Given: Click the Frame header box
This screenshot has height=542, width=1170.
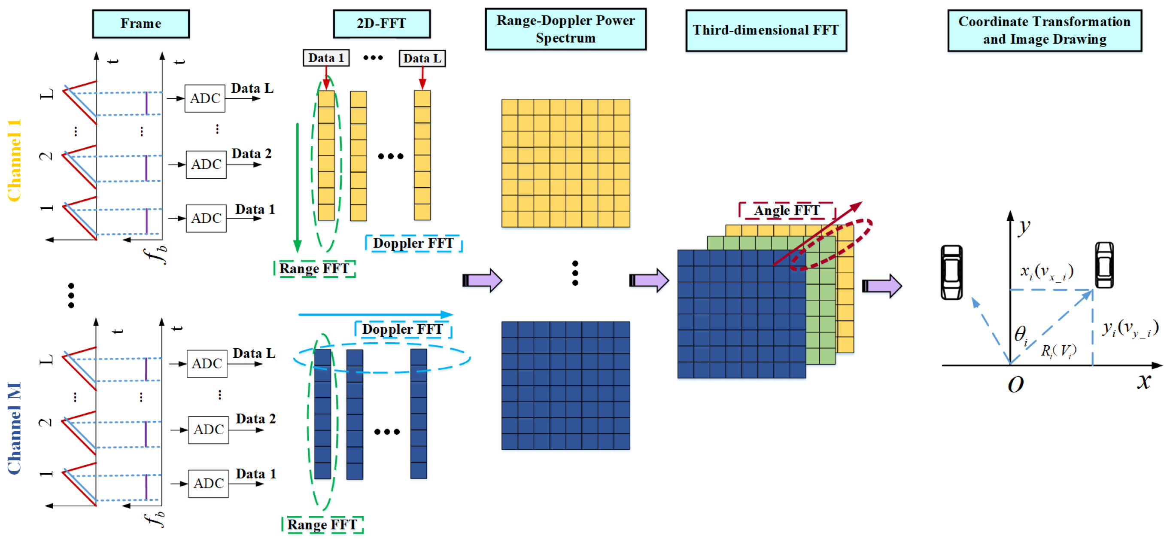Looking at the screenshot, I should [x=140, y=24].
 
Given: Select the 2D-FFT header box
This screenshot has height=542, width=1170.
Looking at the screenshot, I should [x=381, y=24].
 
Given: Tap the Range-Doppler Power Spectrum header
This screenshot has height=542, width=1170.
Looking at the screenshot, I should [x=565, y=29].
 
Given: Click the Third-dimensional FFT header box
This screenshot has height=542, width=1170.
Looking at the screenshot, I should [x=766, y=30].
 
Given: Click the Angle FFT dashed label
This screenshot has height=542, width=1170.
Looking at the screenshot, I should [x=787, y=210].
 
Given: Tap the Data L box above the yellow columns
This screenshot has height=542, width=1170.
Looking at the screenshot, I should [x=422, y=58].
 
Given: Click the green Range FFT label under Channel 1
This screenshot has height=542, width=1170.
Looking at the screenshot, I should [x=314, y=268].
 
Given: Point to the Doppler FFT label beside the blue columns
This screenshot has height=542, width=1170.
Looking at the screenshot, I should [x=402, y=329].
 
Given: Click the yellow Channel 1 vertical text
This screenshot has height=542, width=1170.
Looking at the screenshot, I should [x=14, y=160].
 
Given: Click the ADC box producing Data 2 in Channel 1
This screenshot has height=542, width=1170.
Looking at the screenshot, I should [x=206, y=164].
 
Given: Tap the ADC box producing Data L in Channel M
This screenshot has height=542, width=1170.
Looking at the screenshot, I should [x=207, y=363].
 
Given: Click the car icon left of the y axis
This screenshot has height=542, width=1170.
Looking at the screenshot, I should [x=951, y=272].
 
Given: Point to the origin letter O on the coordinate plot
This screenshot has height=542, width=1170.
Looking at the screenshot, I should [x=1015, y=385].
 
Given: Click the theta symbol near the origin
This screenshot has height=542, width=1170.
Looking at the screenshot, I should [x=1020, y=335].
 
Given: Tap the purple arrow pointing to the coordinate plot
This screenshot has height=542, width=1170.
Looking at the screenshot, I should [x=881, y=286].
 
